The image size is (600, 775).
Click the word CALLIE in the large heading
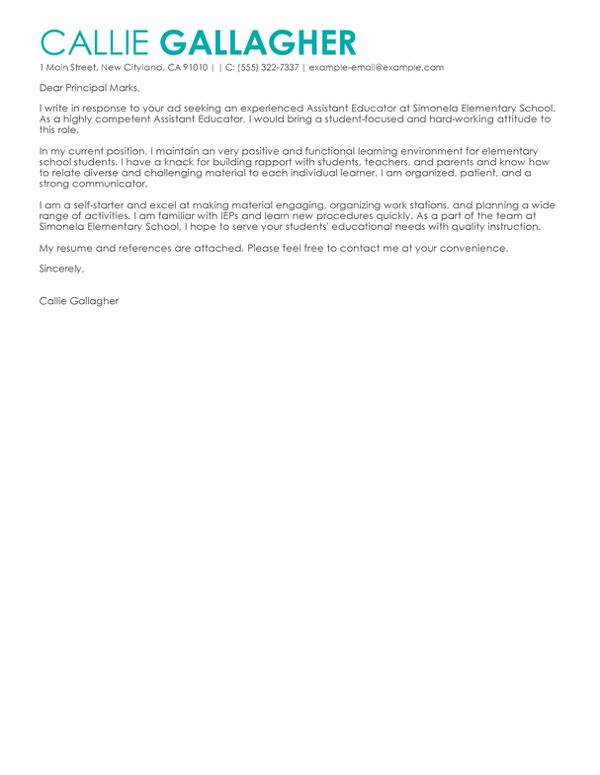tap(95, 42)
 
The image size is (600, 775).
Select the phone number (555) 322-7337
tap(266, 67)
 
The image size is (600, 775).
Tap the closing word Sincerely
tap(61, 269)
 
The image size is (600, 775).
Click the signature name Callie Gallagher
tap(79, 300)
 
